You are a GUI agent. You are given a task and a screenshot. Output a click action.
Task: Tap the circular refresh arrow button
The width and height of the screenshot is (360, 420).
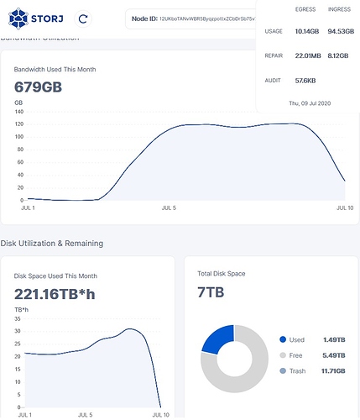[83, 18]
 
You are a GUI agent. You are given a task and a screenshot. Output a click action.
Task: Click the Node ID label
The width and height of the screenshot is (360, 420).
[145, 18]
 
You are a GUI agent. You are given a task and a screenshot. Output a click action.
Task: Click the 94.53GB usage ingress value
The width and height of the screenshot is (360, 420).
[338, 32]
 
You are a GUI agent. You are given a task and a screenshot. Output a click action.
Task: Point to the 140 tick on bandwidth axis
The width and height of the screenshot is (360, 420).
[19, 111]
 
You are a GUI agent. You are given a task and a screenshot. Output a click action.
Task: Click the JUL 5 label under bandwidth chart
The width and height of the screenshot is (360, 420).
[169, 207]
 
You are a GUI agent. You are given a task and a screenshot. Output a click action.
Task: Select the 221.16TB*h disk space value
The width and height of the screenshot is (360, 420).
[55, 294]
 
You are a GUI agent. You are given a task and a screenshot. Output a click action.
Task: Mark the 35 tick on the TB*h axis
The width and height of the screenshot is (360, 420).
[18, 319]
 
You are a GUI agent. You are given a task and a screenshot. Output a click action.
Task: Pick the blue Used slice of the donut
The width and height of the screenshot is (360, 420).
[216, 338]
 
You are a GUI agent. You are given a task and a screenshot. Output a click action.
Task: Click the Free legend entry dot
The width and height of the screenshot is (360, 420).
[282, 355]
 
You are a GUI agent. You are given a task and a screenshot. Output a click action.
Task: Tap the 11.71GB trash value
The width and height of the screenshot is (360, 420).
[333, 371]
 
